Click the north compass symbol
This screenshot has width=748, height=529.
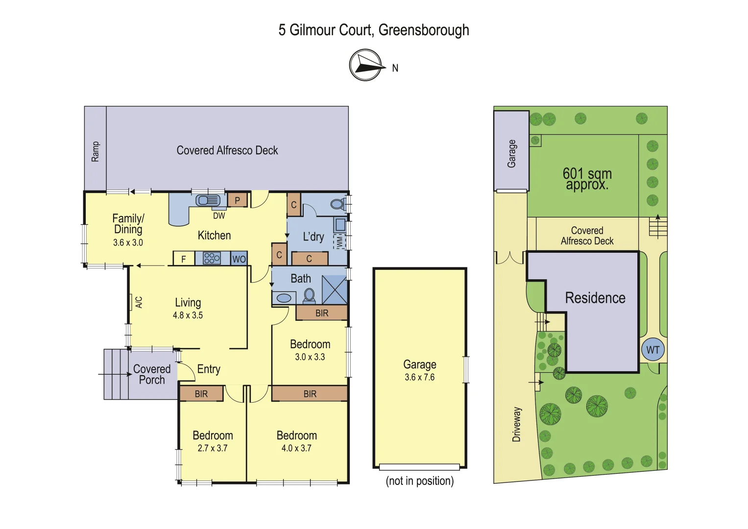click(365, 65)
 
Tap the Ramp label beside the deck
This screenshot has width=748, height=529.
click(95, 151)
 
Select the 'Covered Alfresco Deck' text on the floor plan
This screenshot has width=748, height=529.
click(227, 150)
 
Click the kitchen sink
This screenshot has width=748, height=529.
click(208, 200)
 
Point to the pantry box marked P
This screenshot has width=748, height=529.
click(238, 200)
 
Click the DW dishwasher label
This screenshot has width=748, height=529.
click(219, 216)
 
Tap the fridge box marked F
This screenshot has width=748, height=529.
click(184, 259)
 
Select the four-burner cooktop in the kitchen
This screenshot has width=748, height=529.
click(212, 258)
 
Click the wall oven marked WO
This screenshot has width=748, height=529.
click(239, 259)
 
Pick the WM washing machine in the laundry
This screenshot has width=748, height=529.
click(339, 241)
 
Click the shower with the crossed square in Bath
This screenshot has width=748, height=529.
click(335, 290)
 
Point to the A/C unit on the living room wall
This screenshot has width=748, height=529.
click(139, 302)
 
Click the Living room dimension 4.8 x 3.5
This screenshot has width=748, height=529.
click(188, 315)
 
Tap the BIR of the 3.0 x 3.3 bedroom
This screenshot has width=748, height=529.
click(322, 313)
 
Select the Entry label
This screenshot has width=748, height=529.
click(209, 369)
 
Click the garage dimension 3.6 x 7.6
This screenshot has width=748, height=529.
click(420, 377)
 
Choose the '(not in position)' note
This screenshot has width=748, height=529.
click(420, 481)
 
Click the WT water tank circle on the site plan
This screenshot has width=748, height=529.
click(653, 350)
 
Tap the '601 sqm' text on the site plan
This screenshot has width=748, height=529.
click(587, 173)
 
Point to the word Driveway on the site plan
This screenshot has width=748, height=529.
click(517, 424)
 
